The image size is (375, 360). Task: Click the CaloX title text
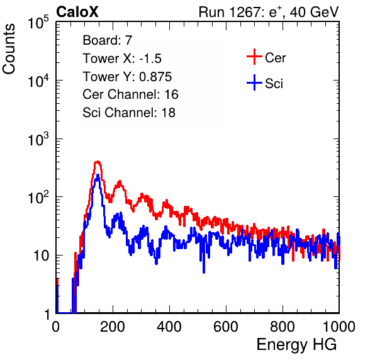77,12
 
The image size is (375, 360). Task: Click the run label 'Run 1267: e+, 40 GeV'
269,12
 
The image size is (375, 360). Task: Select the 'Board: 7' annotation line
107,40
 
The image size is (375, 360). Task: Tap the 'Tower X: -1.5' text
122,59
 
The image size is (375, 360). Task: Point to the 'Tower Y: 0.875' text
127,77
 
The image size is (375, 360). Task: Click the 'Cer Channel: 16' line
130,94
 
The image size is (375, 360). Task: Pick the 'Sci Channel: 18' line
129,113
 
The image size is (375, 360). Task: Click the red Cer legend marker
254,57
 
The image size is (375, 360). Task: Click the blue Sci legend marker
254,83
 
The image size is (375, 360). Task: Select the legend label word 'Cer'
275,58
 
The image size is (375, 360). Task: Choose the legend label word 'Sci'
274,84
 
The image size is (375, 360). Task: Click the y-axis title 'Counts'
9,48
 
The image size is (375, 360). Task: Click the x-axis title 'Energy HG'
296,344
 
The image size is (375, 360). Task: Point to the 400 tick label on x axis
169,327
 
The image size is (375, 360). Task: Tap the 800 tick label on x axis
283,327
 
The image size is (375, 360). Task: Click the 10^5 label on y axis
38,22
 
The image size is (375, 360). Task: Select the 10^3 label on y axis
38,139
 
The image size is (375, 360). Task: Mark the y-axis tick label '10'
41,256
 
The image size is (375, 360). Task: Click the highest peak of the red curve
98,162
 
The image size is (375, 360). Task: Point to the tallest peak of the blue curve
98,176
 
